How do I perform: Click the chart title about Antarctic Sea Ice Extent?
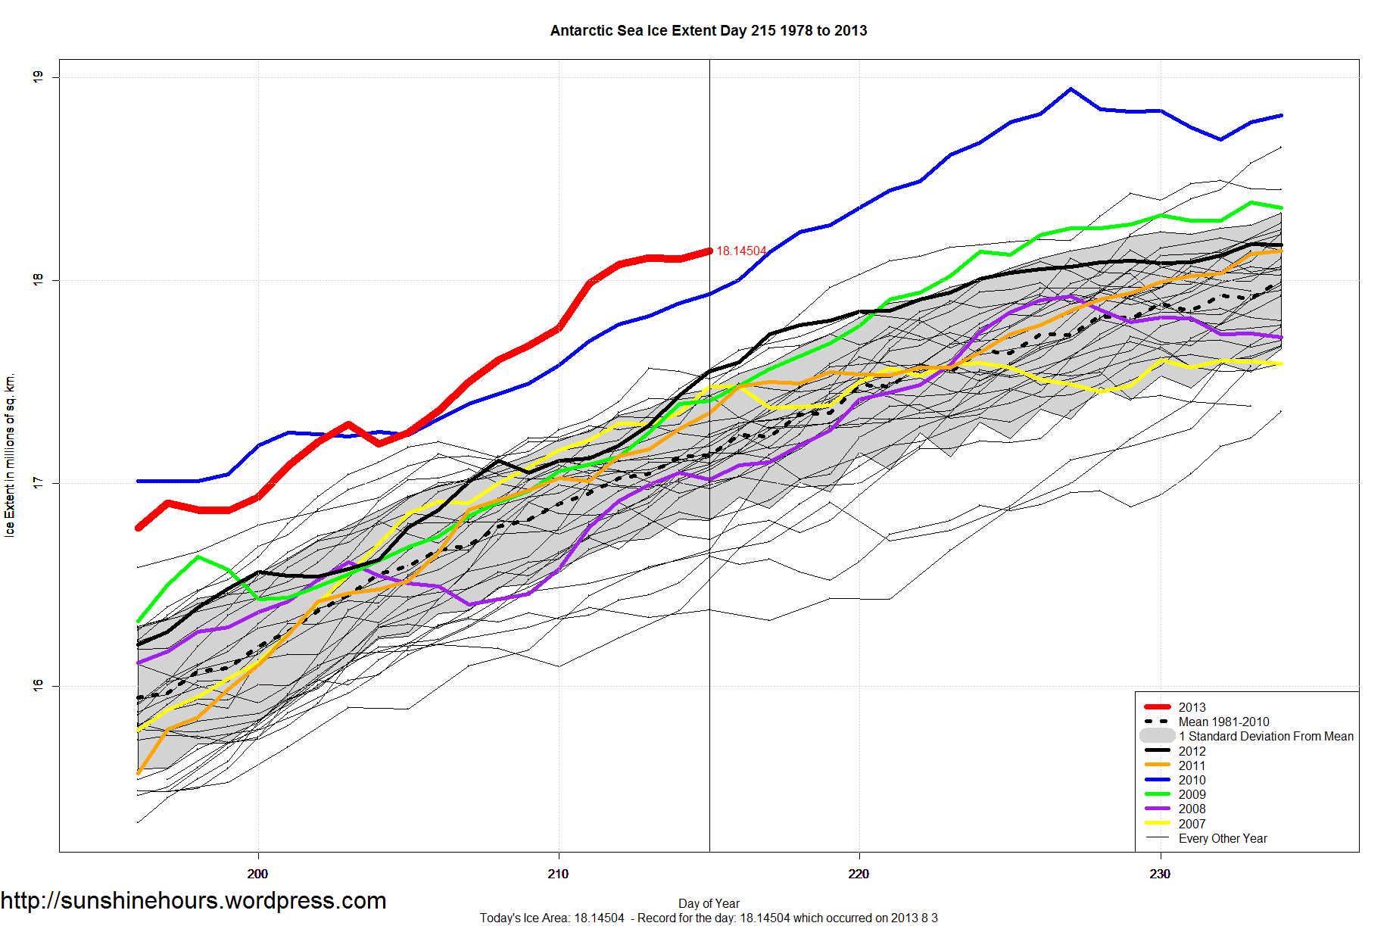pos(708,31)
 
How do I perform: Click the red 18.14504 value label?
pos(740,251)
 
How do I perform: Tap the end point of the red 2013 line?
pos(709,251)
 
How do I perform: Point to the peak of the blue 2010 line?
pos(1070,89)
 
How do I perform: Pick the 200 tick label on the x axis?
pos(257,874)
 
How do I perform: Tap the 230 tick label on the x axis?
pos(1160,874)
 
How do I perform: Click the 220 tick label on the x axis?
pos(859,874)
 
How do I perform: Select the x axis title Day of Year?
pos(709,903)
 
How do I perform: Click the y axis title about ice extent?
pos(10,455)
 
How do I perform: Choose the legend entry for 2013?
pos(1192,707)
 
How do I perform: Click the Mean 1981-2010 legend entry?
pos(1223,722)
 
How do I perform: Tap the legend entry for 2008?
pos(1192,809)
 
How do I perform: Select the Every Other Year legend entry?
pos(1222,838)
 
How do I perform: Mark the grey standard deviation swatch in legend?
pos(1157,736)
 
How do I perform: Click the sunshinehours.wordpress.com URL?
pos(194,901)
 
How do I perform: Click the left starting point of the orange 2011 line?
pos(139,773)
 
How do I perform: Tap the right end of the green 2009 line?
pos(1281,207)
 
